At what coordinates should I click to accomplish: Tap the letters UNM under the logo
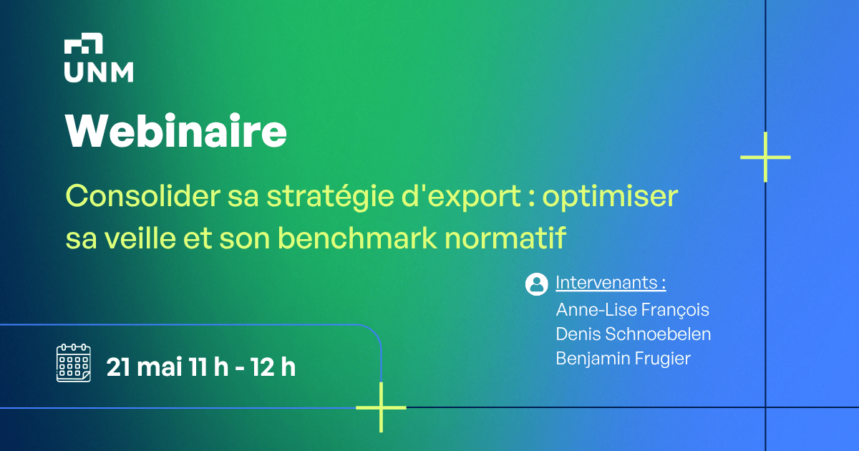pyautogui.click(x=98, y=72)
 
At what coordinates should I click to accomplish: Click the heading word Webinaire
pyautogui.click(x=176, y=130)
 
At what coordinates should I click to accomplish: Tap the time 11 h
pyautogui.click(x=209, y=367)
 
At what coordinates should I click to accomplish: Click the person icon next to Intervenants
pyautogui.click(x=537, y=283)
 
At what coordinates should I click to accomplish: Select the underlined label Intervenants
pyautogui.click(x=611, y=283)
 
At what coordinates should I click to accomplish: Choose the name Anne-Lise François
pyautogui.click(x=632, y=310)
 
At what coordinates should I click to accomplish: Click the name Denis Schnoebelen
pyautogui.click(x=634, y=334)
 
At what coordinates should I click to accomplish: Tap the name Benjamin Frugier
pyautogui.click(x=623, y=358)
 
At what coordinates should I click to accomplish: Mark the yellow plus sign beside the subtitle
pyautogui.click(x=765, y=157)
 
